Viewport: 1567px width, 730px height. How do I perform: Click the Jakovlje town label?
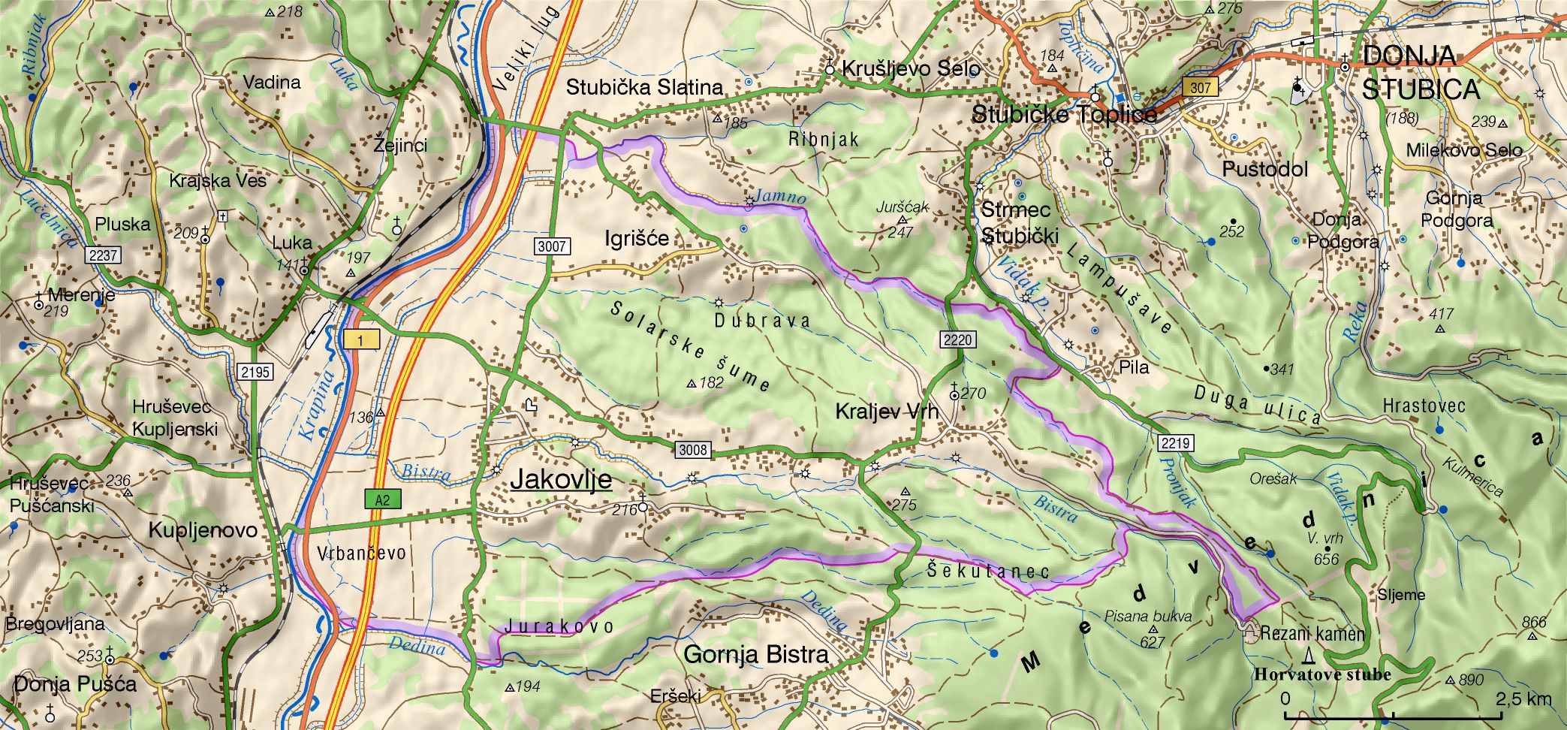(x=561, y=480)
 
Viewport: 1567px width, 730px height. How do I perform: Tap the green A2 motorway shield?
(x=383, y=499)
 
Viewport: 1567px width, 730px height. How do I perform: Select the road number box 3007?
(x=552, y=246)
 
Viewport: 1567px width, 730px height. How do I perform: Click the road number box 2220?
(x=957, y=339)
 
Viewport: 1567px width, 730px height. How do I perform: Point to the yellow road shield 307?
(x=1201, y=87)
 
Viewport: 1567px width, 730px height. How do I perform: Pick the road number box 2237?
(x=103, y=255)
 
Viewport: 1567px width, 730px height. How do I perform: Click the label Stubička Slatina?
(x=644, y=87)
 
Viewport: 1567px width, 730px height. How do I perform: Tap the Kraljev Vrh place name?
(x=887, y=412)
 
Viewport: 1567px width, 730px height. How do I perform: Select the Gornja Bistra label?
(x=756, y=654)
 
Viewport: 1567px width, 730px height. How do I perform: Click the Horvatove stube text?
(x=1322, y=674)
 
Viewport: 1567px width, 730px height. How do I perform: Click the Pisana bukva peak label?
(x=1147, y=617)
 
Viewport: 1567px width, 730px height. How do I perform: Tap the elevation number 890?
(x=1471, y=680)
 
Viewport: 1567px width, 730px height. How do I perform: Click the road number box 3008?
(x=692, y=450)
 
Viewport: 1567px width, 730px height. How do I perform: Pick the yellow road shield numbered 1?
(x=361, y=340)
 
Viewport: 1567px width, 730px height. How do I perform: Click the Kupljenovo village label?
(x=203, y=530)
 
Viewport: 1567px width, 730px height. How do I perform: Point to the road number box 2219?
(x=1175, y=443)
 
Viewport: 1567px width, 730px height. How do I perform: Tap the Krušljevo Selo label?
(x=911, y=69)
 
